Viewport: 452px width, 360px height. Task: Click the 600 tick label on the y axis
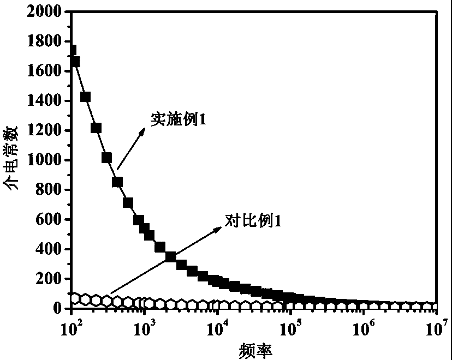50,220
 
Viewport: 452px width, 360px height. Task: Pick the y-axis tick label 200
50,279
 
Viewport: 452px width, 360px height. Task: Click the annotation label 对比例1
253,221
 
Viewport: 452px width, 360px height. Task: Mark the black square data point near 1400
85,97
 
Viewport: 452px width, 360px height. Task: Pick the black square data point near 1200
96,128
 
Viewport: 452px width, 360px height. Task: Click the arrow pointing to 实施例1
132,148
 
